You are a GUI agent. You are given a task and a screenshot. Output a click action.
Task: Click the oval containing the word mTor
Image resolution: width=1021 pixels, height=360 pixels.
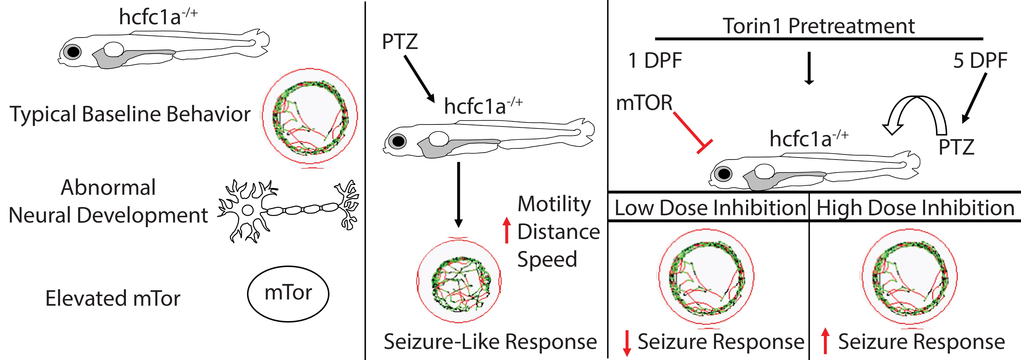coord(288,293)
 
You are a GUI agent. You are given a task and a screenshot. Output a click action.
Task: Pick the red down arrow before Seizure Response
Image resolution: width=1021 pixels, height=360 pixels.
coord(627,343)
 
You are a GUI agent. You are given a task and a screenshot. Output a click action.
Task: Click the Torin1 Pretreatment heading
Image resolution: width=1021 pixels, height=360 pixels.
coord(819,26)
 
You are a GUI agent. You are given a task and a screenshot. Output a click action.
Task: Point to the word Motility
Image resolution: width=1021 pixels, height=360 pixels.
coord(554,204)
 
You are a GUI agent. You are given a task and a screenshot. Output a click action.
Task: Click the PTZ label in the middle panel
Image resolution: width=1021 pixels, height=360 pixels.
coord(399,42)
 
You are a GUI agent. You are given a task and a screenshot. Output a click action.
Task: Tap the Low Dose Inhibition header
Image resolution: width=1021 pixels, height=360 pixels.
coord(710,208)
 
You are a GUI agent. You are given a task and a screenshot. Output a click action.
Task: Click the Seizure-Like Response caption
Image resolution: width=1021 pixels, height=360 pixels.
coord(490,342)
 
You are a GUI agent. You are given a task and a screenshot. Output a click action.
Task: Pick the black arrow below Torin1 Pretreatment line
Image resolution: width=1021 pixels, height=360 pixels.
coord(809,68)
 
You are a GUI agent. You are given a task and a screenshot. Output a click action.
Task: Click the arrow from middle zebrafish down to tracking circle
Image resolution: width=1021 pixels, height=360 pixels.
coord(459,194)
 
